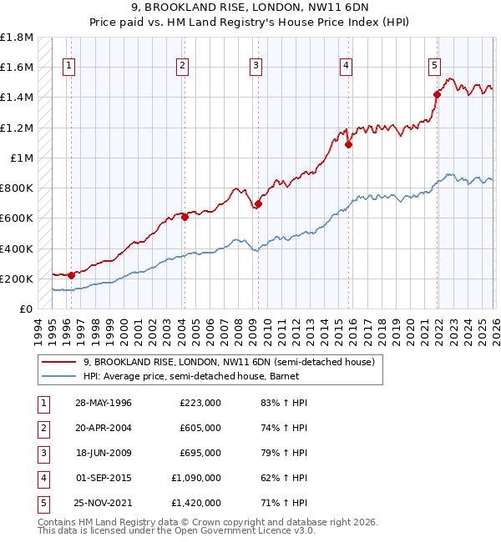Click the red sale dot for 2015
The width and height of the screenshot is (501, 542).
[x=348, y=144]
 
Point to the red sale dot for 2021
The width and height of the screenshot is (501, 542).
[x=437, y=94]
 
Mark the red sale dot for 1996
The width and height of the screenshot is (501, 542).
[x=72, y=275]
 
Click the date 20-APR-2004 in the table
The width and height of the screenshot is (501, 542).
[x=103, y=428]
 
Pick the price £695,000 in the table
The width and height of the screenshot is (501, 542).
[x=200, y=453]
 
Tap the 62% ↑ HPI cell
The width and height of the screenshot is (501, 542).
[x=283, y=478]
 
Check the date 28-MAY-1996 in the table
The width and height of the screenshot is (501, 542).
[x=103, y=403]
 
